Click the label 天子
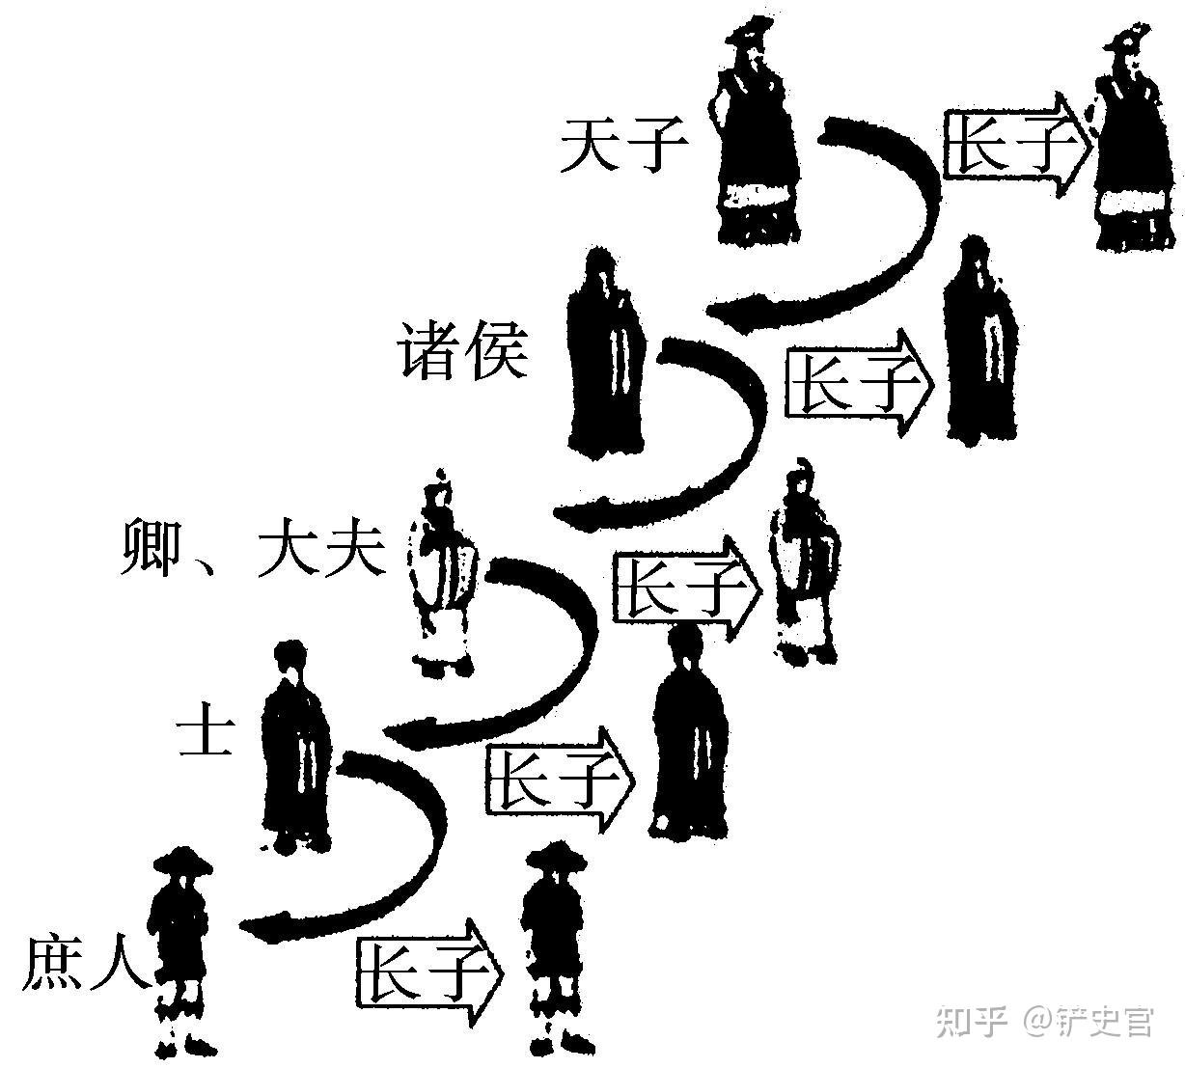[623, 146]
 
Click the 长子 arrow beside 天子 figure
[1015, 145]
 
